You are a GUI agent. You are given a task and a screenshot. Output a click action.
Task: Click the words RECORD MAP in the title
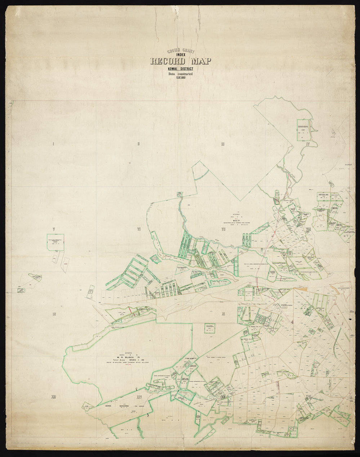(181, 61)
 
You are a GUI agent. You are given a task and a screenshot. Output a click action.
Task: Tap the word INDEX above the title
(181, 55)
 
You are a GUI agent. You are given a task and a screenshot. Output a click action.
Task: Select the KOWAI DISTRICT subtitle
(181, 69)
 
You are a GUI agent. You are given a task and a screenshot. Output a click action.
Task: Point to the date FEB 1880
(181, 78)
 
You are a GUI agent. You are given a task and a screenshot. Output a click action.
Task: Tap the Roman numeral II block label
(138, 144)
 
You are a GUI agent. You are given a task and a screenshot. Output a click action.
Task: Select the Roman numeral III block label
(223, 144)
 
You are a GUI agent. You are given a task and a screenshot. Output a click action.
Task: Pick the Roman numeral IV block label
(307, 144)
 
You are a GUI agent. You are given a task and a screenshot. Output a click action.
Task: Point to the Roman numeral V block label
(53, 229)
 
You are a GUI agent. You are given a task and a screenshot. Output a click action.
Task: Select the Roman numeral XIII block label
(54, 397)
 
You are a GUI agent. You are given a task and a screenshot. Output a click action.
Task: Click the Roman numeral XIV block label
(138, 397)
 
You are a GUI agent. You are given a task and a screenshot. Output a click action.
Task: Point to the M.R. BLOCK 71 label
(129, 357)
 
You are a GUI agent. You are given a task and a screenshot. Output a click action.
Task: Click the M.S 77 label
(237, 221)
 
